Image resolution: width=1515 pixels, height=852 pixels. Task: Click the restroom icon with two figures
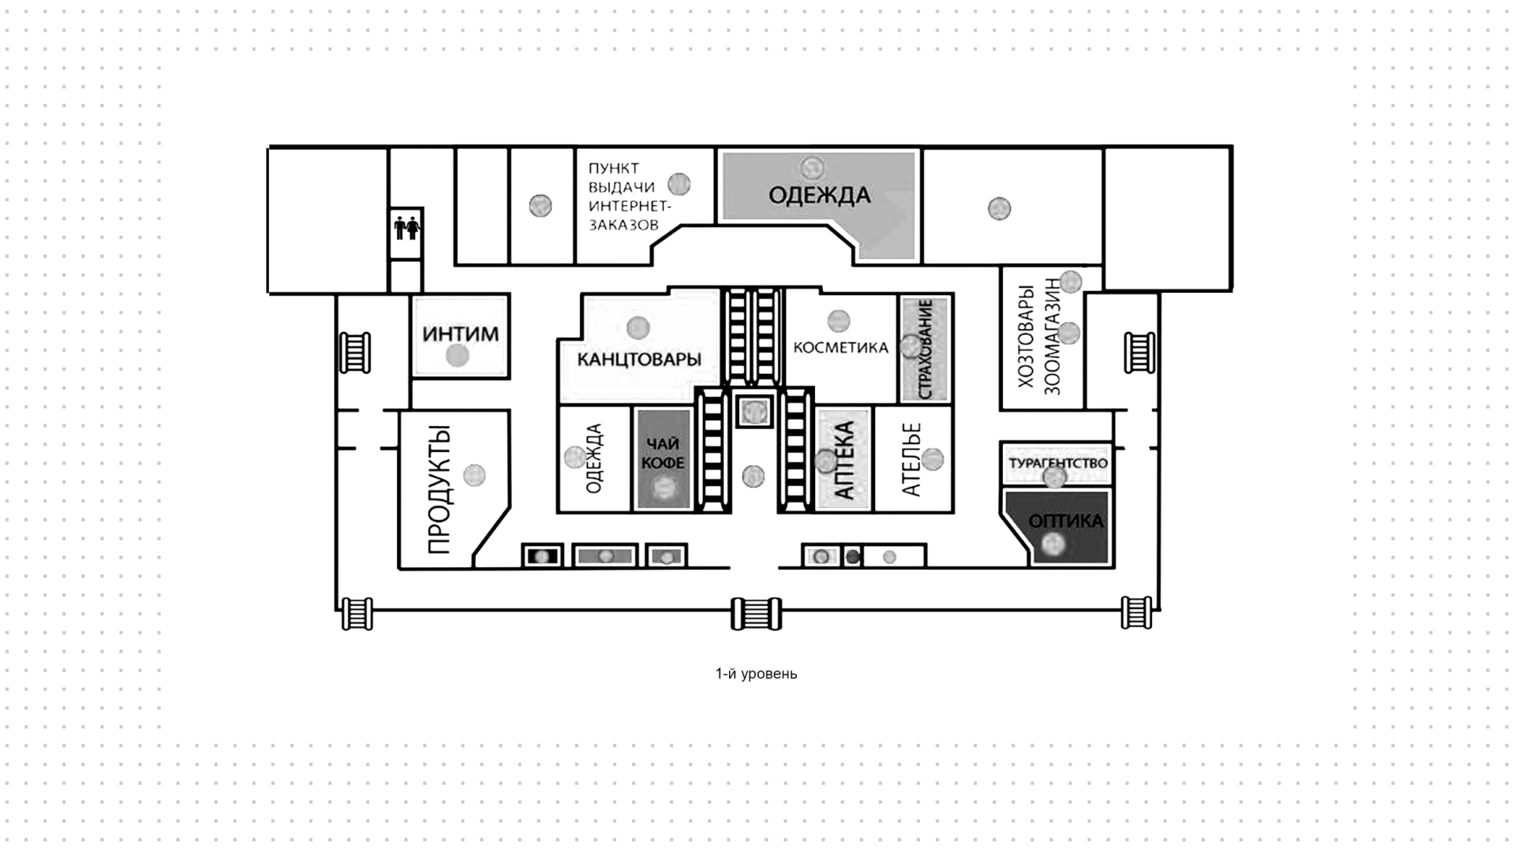tap(407, 229)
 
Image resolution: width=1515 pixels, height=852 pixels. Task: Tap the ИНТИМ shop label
tap(461, 334)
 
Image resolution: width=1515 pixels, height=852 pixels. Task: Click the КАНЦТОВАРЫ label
tap(639, 360)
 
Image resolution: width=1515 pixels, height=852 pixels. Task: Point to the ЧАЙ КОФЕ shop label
tap(664, 454)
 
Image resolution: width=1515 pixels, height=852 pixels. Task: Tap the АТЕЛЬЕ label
tap(911, 460)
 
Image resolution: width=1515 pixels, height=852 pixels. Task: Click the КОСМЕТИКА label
tap(841, 347)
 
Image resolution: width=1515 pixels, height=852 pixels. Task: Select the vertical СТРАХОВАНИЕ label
tap(926, 348)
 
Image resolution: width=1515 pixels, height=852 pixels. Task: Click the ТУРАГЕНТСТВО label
tap(1058, 464)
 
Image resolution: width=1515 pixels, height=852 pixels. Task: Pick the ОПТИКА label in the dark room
tap(1066, 521)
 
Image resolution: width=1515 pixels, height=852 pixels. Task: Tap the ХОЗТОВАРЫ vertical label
tap(1026, 336)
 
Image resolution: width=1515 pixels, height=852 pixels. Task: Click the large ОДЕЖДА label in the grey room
tap(820, 195)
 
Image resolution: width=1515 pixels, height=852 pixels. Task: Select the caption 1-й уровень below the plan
tap(756, 674)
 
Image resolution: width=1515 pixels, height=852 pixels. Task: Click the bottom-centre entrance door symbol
tap(756, 614)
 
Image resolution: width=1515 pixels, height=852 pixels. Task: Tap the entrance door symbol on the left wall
tap(355, 352)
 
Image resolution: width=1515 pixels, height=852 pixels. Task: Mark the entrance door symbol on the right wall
tap(1139, 352)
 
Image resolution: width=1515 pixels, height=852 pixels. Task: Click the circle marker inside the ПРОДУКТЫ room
tap(474, 475)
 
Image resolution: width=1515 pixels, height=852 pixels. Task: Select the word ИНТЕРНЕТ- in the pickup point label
tap(630, 206)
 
